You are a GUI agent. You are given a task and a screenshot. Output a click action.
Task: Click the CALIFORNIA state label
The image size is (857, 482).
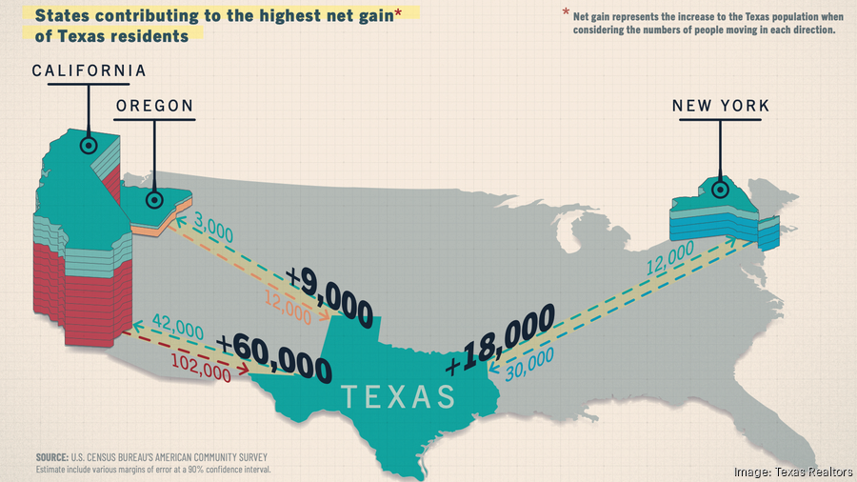[90, 71]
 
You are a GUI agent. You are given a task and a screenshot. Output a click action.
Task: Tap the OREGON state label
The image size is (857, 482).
[154, 106]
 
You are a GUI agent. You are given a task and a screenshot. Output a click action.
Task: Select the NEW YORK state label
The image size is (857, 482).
[720, 106]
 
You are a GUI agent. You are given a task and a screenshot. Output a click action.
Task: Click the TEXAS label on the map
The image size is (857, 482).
[398, 395]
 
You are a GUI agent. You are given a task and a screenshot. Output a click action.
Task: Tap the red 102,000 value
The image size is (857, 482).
[201, 368]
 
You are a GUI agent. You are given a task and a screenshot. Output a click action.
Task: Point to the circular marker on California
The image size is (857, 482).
[89, 146]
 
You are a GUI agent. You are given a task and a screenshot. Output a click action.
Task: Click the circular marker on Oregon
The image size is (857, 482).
[154, 199]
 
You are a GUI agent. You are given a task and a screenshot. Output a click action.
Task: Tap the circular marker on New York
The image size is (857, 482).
[721, 190]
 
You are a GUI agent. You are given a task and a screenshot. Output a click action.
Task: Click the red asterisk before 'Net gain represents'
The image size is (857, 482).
[566, 14]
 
